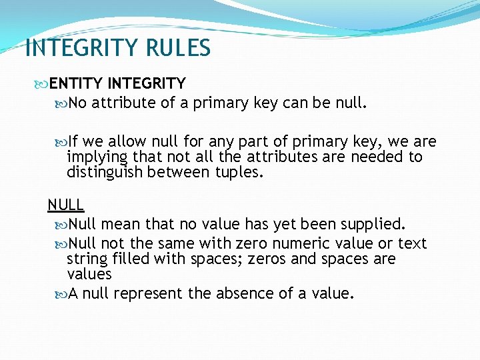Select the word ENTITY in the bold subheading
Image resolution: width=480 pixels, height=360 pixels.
point(76,83)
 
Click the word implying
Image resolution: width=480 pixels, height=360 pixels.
point(98,157)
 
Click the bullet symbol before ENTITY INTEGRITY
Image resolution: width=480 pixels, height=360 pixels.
point(43,84)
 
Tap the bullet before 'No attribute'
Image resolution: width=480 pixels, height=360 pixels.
point(62,103)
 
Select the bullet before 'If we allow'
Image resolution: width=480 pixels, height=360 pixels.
point(62,142)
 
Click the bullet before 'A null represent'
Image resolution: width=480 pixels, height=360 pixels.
point(62,294)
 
